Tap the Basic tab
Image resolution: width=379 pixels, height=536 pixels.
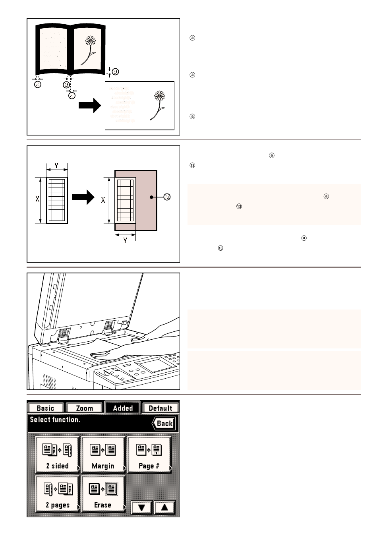click(45, 408)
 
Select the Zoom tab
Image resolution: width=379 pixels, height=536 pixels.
click(84, 408)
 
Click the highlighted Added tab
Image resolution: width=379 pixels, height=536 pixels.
click(123, 408)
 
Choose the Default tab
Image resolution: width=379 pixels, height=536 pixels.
click(160, 408)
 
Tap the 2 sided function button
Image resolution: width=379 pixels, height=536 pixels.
click(57, 455)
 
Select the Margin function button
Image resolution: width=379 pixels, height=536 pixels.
click(103, 455)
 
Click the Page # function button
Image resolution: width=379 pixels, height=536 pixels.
click(149, 455)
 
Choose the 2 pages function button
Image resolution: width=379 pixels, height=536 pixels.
click(57, 493)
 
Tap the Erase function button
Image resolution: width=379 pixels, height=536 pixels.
click(103, 493)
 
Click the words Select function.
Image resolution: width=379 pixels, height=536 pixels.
click(55, 420)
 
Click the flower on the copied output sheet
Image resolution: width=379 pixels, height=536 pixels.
click(158, 104)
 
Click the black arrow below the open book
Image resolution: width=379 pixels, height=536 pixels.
click(89, 105)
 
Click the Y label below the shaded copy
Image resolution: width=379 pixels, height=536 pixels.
click(125, 240)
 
